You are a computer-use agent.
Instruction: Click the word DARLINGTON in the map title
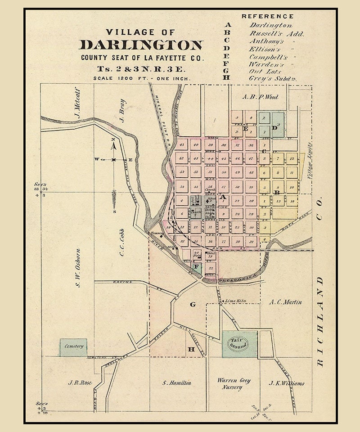[141, 45]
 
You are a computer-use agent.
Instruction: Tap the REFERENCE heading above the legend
[268, 16]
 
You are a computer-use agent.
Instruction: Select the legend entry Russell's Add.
[277, 34]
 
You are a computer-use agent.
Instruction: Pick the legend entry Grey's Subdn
[270, 78]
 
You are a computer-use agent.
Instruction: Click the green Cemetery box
[73, 347]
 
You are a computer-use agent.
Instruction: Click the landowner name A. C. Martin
[286, 302]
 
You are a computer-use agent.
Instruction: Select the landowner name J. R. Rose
[80, 383]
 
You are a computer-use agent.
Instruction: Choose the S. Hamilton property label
[177, 383]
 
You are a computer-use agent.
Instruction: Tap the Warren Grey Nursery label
[233, 383]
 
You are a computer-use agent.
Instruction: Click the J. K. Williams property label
[286, 383]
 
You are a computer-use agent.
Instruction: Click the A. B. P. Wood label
[260, 96]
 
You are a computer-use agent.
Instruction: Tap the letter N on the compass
[113, 141]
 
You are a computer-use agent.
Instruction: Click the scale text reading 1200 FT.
[134, 77]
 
